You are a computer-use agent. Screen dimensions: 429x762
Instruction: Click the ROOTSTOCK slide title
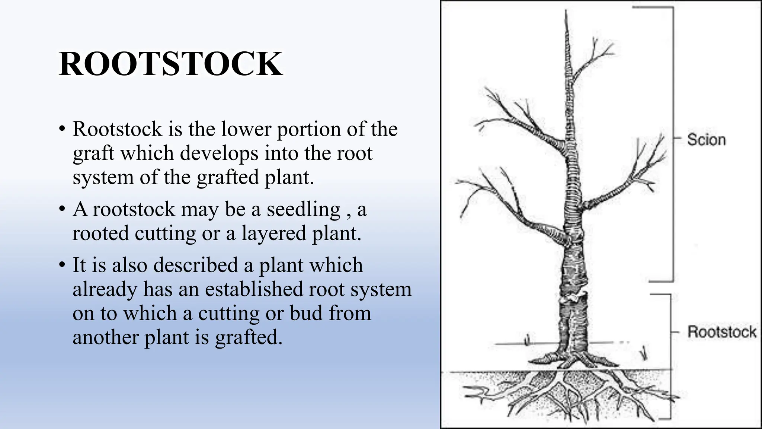pos(170,64)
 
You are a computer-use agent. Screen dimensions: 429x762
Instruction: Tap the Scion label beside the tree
pos(706,140)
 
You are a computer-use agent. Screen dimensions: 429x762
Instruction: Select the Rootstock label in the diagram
pos(721,331)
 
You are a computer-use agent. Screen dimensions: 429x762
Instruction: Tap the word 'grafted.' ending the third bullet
pos(249,338)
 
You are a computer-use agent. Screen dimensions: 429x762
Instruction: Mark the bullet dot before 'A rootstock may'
pos(62,209)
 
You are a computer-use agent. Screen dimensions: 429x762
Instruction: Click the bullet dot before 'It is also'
pos(62,265)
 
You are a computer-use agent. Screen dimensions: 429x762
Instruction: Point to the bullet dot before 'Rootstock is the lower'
pos(62,129)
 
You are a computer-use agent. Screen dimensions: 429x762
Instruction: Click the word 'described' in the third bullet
pos(195,266)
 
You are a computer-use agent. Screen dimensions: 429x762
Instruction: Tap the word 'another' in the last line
pos(105,337)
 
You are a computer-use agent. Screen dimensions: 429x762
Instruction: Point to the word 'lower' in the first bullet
pos(246,129)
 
